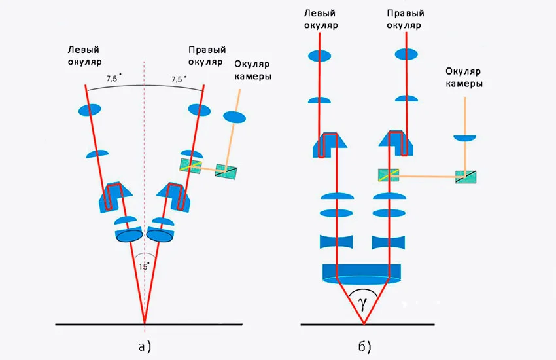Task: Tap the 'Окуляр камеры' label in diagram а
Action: coord(252,71)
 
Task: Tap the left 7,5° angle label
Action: coord(113,79)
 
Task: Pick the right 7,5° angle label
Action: coord(178,79)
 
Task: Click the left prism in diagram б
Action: coord(326,145)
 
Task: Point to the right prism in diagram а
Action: coord(174,197)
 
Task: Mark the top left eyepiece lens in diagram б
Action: coord(320,56)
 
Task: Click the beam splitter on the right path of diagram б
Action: coord(389,175)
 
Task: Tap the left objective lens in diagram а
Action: coord(128,234)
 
